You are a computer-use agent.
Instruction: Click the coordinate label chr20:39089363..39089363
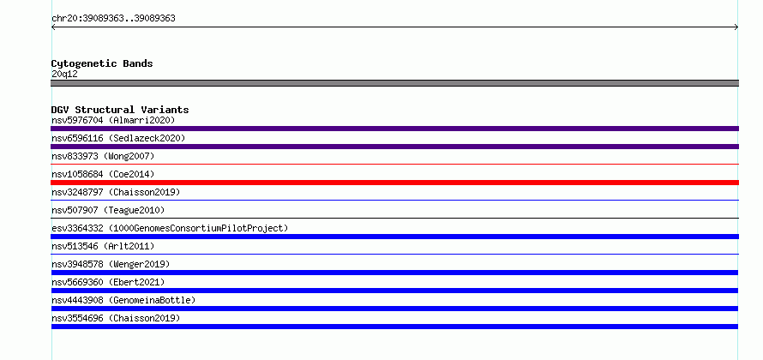click(113, 19)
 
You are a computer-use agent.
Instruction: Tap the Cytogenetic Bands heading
click(102, 63)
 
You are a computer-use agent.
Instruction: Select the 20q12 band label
click(64, 75)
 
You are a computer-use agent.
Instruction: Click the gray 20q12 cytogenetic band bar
click(394, 83)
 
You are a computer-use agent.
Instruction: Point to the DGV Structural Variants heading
click(120, 110)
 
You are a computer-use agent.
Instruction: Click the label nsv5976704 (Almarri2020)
click(113, 120)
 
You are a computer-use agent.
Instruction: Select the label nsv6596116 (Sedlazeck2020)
click(118, 138)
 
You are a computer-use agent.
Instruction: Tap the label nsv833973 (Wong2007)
click(103, 156)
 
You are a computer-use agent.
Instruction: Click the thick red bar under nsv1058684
click(394, 183)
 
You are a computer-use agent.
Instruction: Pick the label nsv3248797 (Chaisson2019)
click(116, 192)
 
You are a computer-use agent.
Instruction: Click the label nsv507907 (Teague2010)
click(108, 210)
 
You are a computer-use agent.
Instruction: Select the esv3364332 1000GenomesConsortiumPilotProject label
click(170, 228)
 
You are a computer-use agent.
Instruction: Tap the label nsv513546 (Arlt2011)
click(103, 246)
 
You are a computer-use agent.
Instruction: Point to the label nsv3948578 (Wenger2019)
click(111, 264)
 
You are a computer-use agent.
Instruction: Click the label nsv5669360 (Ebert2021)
click(108, 282)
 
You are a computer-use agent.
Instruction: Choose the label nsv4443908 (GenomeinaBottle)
click(123, 300)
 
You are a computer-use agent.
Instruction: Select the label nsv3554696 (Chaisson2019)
click(116, 318)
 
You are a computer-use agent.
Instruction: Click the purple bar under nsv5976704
click(394, 129)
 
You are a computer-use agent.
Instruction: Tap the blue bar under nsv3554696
click(394, 327)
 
